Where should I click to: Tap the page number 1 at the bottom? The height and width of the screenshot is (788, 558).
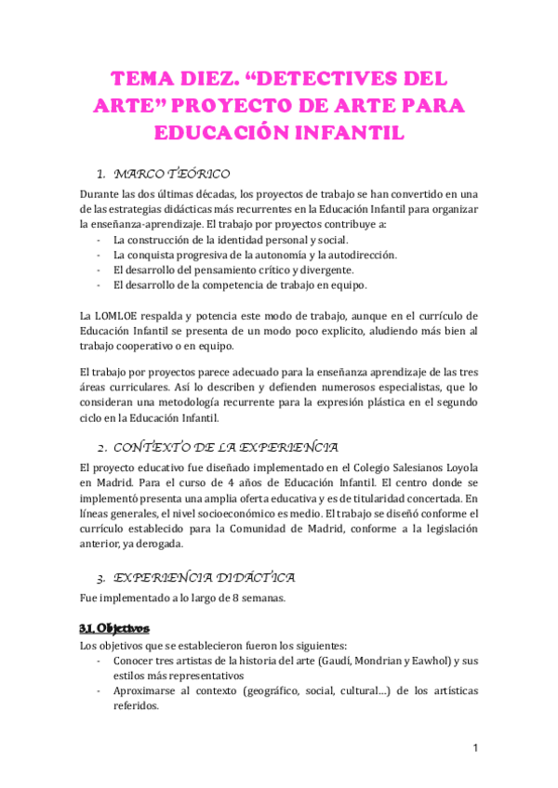(475, 748)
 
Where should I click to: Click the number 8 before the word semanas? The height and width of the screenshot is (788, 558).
(238, 598)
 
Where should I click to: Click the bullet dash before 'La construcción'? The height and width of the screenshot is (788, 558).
(100, 240)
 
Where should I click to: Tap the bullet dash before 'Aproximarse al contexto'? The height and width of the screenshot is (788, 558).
(100, 690)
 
